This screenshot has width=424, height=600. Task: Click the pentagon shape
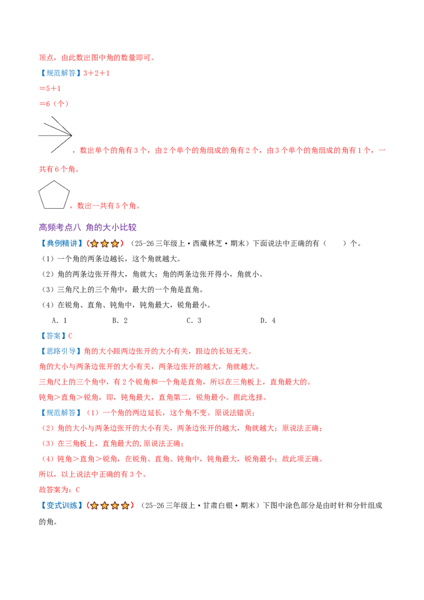pos(39,195)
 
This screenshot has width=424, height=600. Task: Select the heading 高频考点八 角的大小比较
pos(87,227)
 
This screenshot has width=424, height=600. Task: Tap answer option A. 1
pos(59,321)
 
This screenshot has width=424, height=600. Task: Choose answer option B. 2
pos(120,321)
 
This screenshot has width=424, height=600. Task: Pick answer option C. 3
pos(193,321)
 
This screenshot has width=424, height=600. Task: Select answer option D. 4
pos(268,321)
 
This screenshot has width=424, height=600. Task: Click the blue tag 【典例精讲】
pos(61,243)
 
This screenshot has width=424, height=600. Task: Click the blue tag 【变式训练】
pos(61,506)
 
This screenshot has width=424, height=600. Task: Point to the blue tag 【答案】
pos(53,336)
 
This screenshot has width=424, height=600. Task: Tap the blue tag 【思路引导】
pos(61,351)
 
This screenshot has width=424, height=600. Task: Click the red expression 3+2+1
pos(96,73)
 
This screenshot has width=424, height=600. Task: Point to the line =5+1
pos(50,89)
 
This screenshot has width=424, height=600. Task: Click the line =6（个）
pos(54,104)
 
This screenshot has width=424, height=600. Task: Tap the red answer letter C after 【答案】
pos(70,336)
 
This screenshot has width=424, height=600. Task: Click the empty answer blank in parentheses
pos(335,243)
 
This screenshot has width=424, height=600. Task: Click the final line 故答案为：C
pos(59,490)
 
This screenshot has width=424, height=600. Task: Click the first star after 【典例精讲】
pos(94,243)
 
